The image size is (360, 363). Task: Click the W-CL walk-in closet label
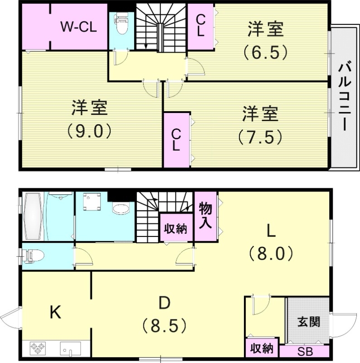[78, 27]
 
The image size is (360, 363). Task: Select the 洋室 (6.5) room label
[265, 41]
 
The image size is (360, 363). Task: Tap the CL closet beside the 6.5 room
[200, 26]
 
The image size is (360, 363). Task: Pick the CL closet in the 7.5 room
[176, 140]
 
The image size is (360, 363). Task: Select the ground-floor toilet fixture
[34, 256]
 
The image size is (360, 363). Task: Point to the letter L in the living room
[271, 232]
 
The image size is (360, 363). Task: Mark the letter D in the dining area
[164, 303]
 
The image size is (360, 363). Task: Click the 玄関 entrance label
[309, 322]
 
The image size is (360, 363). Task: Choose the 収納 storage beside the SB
[262, 348]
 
